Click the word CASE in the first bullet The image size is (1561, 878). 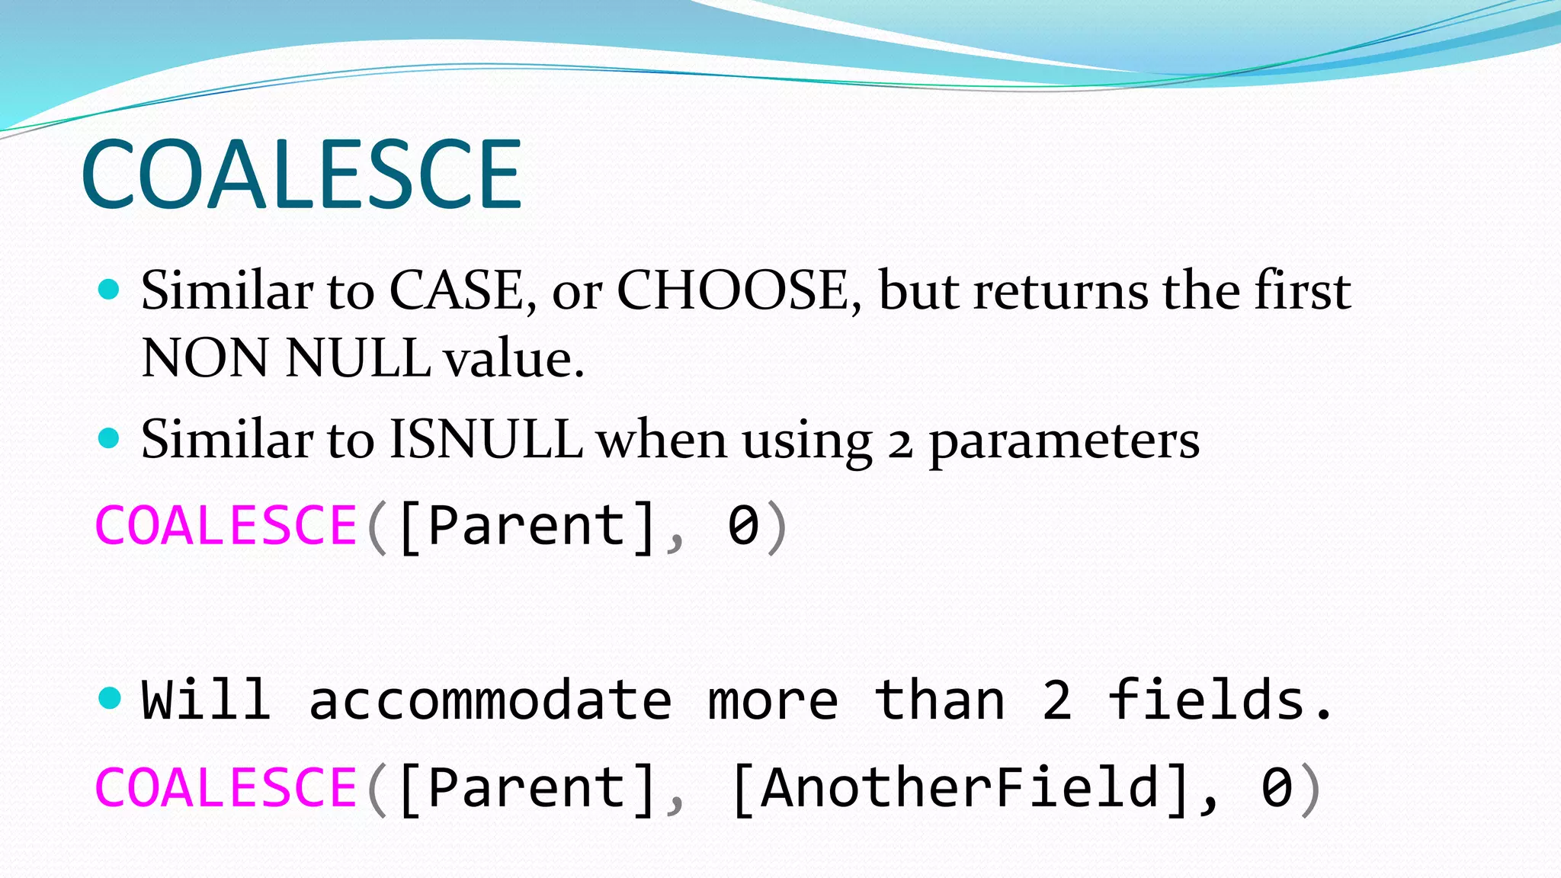456,290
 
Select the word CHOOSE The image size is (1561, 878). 732,290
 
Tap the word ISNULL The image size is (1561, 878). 486,440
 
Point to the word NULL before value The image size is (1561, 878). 358,357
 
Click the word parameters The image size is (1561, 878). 1063,442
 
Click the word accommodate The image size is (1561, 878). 490,700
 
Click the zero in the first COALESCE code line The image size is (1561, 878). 743,525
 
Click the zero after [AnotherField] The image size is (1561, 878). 1277,787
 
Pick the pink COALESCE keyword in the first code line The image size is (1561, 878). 226,525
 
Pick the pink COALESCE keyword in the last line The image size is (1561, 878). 226,787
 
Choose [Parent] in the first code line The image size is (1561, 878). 526,525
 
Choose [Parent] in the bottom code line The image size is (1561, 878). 526,787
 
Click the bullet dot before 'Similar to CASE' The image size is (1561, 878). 110,290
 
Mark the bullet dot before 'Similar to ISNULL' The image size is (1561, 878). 110,438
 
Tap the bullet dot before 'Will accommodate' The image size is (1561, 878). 110,697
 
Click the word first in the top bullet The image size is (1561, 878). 1303,290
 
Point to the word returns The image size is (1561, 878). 1060,290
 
